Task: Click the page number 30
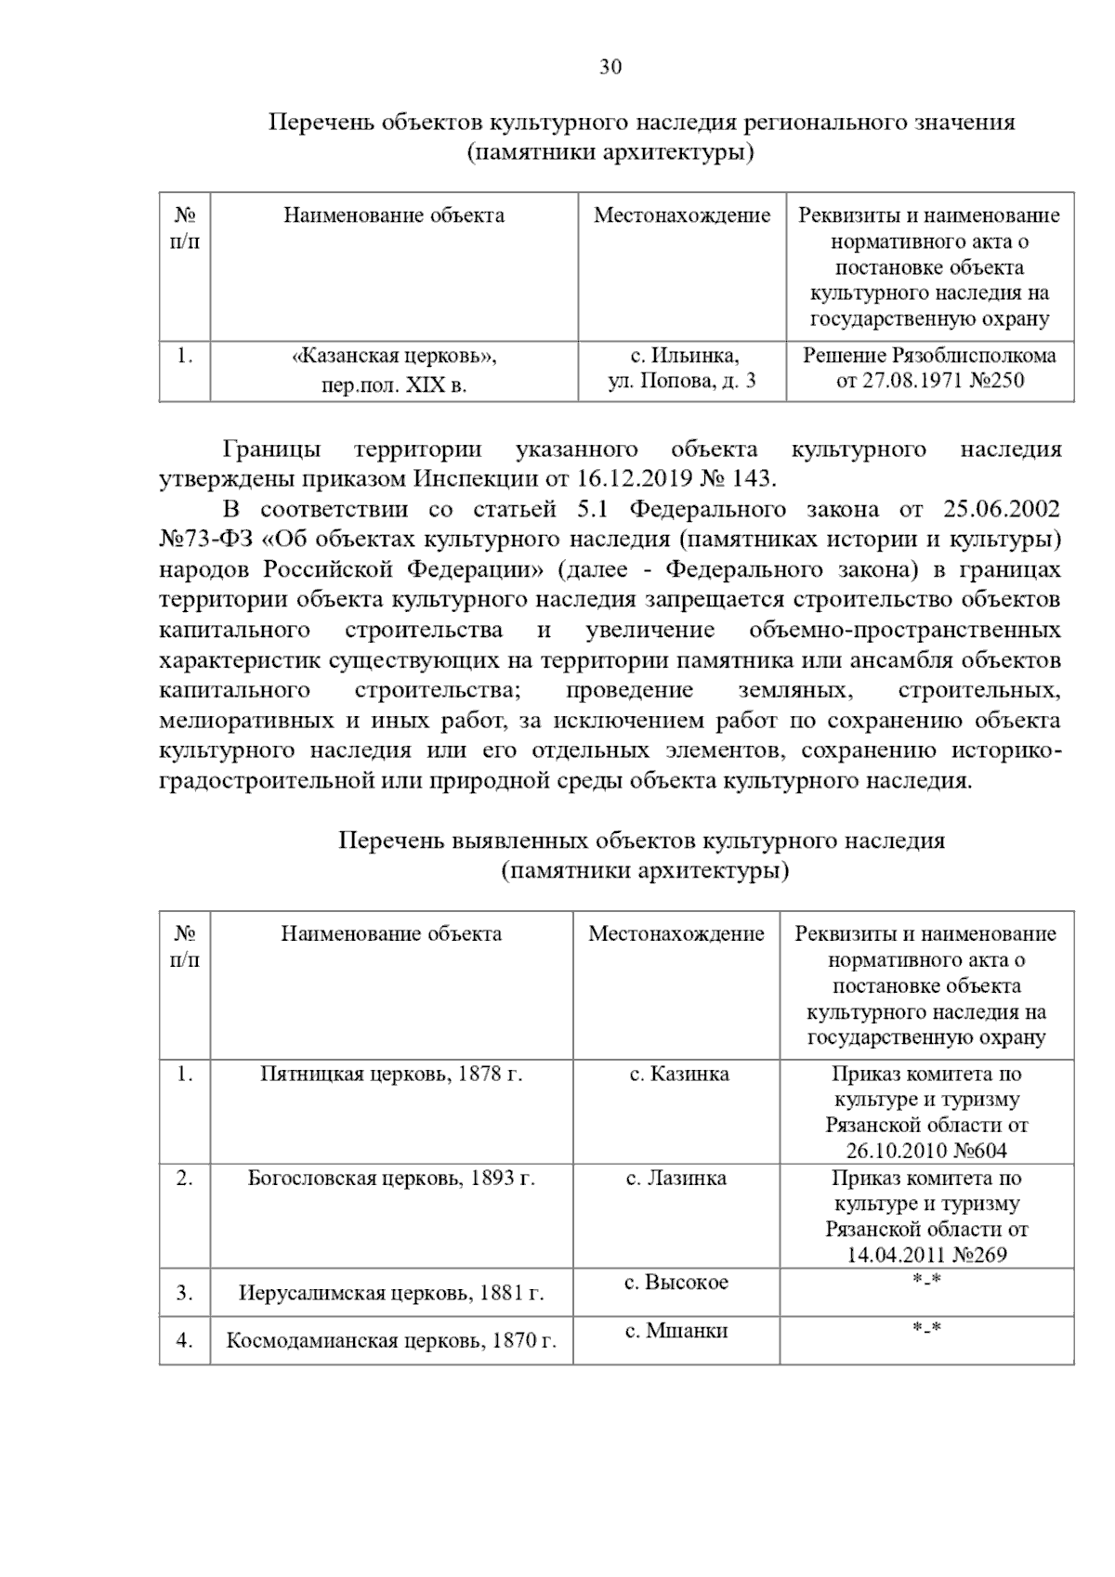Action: [610, 67]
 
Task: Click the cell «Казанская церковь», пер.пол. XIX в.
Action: [394, 370]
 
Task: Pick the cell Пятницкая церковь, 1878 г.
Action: [391, 1075]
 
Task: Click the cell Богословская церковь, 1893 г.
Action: [391, 1179]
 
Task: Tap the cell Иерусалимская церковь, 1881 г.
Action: [391, 1293]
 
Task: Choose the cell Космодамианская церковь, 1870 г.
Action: [391, 1341]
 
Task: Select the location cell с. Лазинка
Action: [676, 1179]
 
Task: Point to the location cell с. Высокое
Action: [676, 1283]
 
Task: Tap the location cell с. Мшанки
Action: [676, 1331]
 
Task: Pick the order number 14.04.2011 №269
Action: [926, 1256]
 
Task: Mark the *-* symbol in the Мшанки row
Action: [926, 1329]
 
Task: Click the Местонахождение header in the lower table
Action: [676, 933]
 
